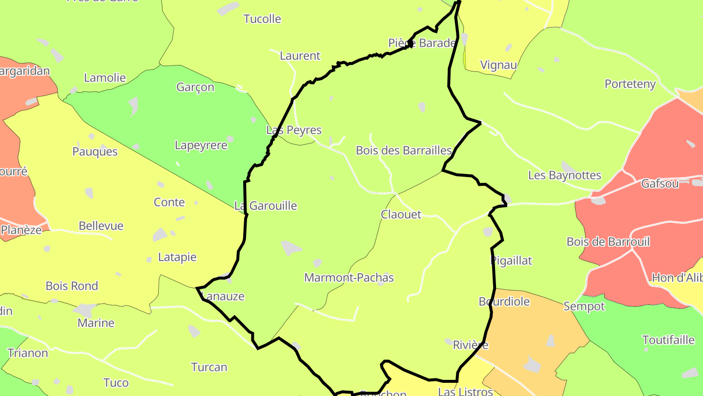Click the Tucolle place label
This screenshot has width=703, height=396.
[262, 19]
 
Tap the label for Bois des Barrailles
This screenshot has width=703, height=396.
[404, 151]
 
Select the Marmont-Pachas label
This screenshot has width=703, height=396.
[349, 278]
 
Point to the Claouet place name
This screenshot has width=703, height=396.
[401, 215]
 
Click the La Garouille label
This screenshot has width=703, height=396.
[266, 206]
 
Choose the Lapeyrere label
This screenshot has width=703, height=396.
[201, 145]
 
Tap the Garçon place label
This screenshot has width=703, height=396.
[195, 87]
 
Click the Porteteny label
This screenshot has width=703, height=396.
[630, 84]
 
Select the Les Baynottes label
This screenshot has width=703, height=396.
[564, 175]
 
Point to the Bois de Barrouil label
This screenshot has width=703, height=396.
[608, 242]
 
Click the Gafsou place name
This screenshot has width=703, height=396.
[660, 184]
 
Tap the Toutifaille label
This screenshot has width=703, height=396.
[668, 340]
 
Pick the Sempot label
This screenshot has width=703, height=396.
[584, 307]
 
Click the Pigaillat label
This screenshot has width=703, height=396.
[511, 261]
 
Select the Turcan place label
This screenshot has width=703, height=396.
[209, 367]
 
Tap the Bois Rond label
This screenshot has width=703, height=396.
[72, 286]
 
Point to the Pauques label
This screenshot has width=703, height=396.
[95, 152]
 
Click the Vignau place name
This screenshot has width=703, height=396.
[498, 65]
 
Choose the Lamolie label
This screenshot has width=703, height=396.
[105, 78]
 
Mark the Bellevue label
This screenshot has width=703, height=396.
[101, 226]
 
